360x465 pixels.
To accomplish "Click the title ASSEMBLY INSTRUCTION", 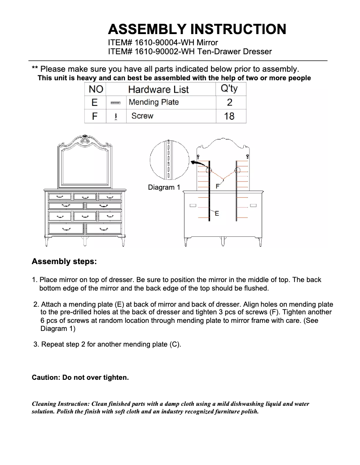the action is pos(197,30).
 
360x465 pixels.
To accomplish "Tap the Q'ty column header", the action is pos(229,89).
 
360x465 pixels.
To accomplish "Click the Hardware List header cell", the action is pos(158,89).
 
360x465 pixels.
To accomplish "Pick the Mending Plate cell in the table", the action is pos(154,102).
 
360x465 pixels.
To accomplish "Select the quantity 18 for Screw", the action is pos(229,116).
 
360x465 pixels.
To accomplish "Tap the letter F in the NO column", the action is pos(95,116).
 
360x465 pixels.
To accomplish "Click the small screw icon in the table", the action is pos(116,116).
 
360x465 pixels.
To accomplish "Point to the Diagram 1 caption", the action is pos(164,187).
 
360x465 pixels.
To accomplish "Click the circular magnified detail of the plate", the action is pos(169,160).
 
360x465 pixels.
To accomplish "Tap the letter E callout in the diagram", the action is pos(217,214).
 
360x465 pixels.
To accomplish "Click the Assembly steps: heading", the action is pos(64,261).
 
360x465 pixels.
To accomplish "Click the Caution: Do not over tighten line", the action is pos(80,378).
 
